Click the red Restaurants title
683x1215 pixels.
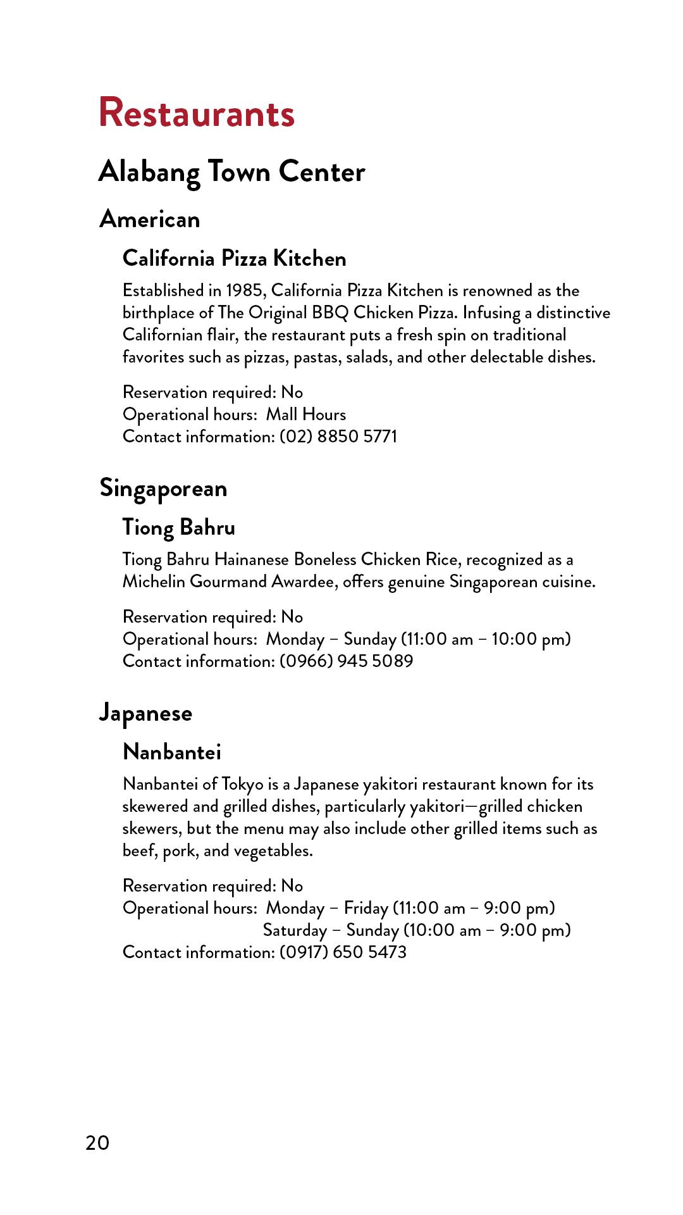pyautogui.click(x=197, y=113)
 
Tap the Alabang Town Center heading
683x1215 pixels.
pyautogui.click(x=231, y=171)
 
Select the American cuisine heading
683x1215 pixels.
pyautogui.click(x=150, y=220)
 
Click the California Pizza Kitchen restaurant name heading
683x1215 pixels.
pyautogui.click(x=234, y=258)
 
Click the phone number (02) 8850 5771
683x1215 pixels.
pyautogui.click(x=338, y=437)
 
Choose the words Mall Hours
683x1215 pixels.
pyautogui.click(x=306, y=414)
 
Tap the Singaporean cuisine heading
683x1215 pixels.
pyautogui.click(x=163, y=489)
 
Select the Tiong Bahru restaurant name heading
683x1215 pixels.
pyautogui.click(x=178, y=527)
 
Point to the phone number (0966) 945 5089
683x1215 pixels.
pyautogui.click(x=347, y=661)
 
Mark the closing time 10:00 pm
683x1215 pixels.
pyautogui.click(x=531, y=639)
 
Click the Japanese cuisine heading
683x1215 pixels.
pyautogui.click(x=145, y=713)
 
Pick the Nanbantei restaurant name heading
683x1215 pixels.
pyautogui.click(x=172, y=752)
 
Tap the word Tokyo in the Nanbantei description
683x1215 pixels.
pyautogui.click(x=242, y=785)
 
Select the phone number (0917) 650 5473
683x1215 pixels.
pyautogui.click(x=343, y=952)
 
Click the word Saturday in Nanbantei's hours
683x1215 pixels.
pyautogui.click(x=295, y=930)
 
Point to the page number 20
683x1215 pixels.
pyautogui.click(x=97, y=1143)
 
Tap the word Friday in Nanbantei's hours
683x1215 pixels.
pyautogui.click(x=366, y=908)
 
